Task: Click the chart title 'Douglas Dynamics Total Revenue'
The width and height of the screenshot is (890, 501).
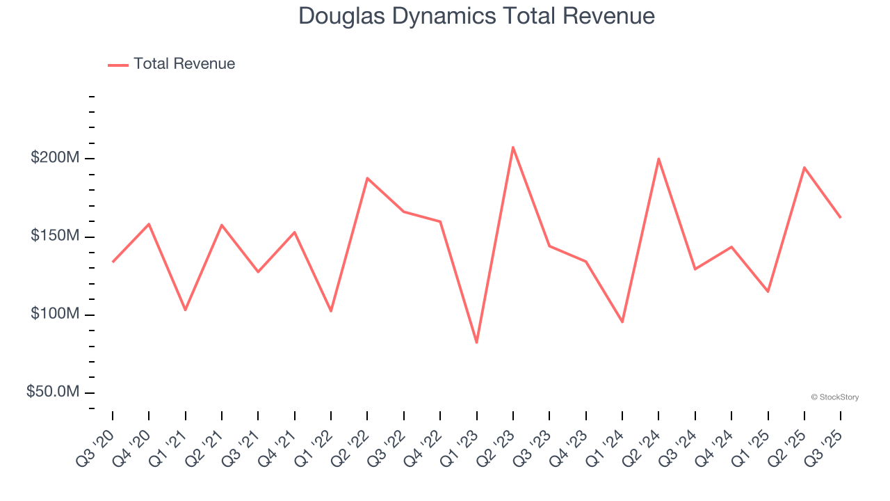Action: (476, 16)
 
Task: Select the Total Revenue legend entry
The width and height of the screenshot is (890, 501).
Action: (172, 64)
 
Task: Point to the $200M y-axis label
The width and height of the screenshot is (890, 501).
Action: (55, 158)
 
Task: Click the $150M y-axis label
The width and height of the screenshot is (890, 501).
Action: (55, 236)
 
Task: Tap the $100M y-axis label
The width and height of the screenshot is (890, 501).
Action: (55, 314)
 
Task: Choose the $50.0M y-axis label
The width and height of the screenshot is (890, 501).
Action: (53, 392)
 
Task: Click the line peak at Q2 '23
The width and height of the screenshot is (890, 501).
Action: (513, 147)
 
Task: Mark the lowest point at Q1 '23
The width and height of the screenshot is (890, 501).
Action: (476, 342)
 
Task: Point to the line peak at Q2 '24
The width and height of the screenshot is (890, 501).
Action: (658, 159)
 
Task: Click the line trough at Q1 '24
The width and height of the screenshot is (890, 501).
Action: (622, 322)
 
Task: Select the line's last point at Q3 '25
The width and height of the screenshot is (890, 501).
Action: (840, 217)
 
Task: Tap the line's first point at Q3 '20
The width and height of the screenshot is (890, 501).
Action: (113, 262)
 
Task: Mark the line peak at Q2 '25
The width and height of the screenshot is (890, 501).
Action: (804, 168)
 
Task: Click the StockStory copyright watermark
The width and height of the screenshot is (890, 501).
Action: (834, 397)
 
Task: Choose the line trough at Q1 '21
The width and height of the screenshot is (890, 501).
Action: (185, 310)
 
